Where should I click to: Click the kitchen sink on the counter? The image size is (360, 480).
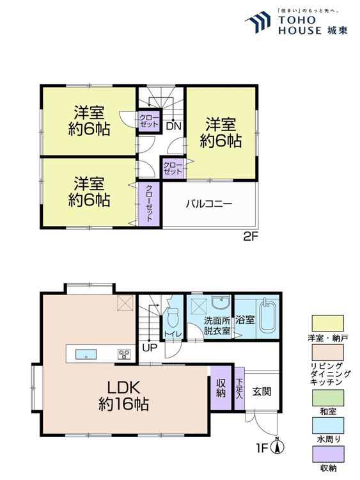coord(86,354)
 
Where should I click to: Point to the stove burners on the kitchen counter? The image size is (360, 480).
coord(124,354)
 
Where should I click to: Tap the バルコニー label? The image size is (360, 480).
coord(209,204)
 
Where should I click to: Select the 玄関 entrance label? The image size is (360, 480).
coord(262,391)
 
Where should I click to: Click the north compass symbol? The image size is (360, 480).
coord(278,447)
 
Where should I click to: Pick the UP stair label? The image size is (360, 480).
coord(150,348)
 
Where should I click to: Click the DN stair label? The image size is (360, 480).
coord(174,126)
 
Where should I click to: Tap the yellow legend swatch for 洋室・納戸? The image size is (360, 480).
coord(327,323)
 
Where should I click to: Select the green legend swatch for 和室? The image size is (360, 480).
coord(327,397)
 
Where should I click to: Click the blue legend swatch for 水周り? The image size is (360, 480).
coord(327,426)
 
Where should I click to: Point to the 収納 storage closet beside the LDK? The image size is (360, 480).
coord(221,388)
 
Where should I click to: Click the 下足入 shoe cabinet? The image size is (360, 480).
coord(239,388)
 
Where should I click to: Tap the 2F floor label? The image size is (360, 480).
coord(249,237)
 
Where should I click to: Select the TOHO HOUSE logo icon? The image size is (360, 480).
coord(258,22)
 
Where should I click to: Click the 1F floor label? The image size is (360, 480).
coord(262,449)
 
